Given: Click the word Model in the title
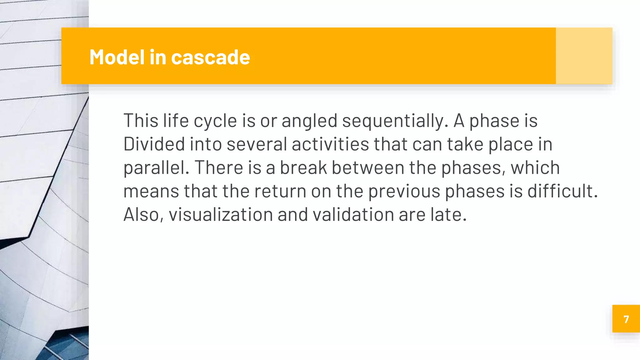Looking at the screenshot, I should pos(117,57).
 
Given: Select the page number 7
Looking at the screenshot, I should pos(626,319).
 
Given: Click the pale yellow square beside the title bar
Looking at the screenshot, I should pos(584,56).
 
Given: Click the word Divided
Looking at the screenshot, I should pos(154,144).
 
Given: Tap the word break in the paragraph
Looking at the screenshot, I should pos(303,167).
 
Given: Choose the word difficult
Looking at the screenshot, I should pos(562,191).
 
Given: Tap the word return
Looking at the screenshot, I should pos(280,191).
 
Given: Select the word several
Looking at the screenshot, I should pos(257,144).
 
